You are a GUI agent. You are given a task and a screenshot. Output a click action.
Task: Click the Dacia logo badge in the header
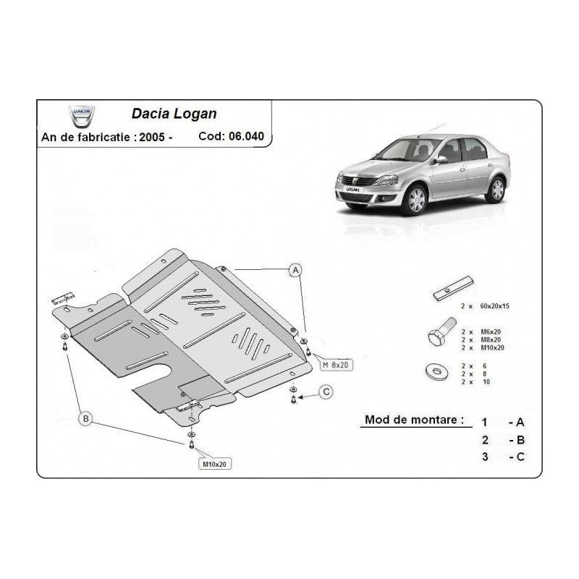[82, 117]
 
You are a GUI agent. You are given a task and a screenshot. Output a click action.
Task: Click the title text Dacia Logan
[174, 114]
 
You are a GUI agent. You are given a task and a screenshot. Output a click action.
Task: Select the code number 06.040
[246, 136]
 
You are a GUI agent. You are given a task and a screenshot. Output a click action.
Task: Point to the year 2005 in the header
[152, 138]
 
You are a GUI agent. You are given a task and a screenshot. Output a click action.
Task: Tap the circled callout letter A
[295, 271]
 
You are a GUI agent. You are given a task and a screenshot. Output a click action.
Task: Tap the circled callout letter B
[85, 419]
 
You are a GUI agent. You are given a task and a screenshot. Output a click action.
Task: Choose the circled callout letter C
[326, 392]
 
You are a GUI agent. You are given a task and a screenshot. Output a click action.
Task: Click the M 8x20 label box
[336, 365]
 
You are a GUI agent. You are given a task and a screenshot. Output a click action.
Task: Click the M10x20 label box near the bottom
[214, 464]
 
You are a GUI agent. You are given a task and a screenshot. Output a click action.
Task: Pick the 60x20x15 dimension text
[494, 305]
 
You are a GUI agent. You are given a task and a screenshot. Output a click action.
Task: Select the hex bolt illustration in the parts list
[442, 331]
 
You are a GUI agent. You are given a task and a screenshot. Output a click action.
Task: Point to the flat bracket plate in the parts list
[453, 288]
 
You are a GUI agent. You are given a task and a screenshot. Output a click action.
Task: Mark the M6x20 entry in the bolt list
[491, 331]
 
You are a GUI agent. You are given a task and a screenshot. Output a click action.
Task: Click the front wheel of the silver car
[416, 200]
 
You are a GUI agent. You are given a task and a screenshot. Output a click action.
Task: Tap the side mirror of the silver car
[441, 159]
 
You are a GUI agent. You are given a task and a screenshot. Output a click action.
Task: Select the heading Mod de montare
[414, 420]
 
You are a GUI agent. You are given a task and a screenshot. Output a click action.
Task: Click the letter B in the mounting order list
[520, 440]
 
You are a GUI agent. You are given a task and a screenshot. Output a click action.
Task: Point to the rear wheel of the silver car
[496, 190]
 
